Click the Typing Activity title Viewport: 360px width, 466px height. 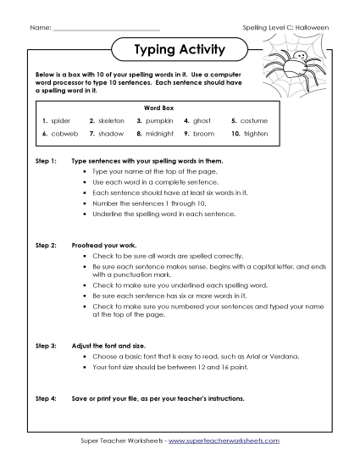pyautogui.click(x=180, y=50)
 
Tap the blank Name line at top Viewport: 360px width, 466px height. pyautogui.click(x=94, y=29)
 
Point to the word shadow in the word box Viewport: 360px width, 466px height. pyautogui.click(x=110, y=134)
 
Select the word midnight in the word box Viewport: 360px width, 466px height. pyautogui.click(x=160, y=134)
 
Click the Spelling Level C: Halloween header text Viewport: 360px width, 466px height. pyautogui.click(x=285, y=29)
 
